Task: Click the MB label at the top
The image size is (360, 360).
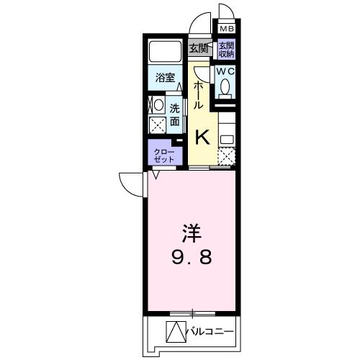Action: [226, 29]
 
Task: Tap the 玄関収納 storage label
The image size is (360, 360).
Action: [226, 49]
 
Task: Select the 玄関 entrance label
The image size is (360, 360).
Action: [199, 49]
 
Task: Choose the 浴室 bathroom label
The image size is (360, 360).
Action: [166, 78]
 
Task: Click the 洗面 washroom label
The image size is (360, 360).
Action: [175, 114]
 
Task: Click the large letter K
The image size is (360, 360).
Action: [203, 135]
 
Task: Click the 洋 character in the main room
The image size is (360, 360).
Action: [190, 233]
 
